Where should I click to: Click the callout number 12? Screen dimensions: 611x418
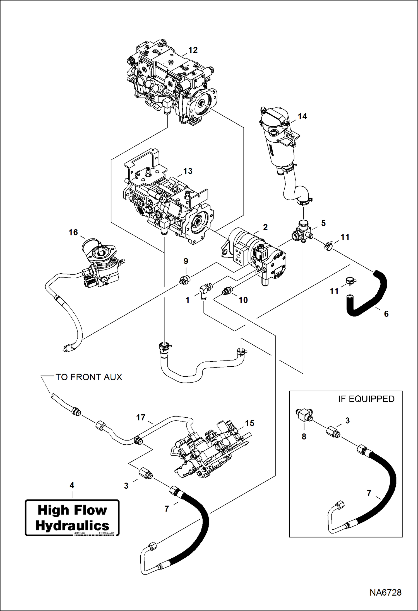click(x=193, y=50)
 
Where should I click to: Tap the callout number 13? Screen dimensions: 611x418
click(x=188, y=171)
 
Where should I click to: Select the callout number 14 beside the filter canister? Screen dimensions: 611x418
click(x=302, y=116)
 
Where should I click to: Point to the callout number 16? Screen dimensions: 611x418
click(x=73, y=232)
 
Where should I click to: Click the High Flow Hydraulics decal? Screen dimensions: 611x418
click(x=72, y=518)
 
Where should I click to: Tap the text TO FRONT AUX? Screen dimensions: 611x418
click(x=89, y=377)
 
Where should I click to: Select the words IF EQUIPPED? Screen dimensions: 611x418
click(x=366, y=399)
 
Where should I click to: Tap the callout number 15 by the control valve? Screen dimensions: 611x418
click(x=249, y=423)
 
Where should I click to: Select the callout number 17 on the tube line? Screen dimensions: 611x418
click(x=141, y=417)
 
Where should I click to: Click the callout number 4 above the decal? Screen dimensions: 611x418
click(x=72, y=485)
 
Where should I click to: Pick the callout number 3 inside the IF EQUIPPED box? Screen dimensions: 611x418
click(x=347, y=420)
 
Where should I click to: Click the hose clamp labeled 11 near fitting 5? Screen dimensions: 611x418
click(x=328, y=246)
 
